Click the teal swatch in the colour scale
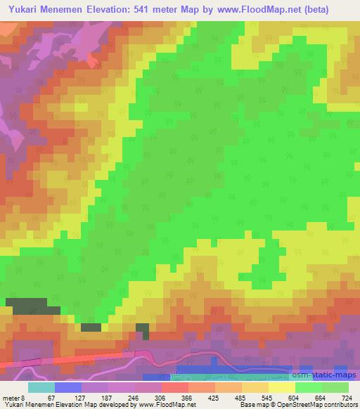click(x=41, y=387)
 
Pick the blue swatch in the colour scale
click(x=67, y=387)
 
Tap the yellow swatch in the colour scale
click(x=281, y=387)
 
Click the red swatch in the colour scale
click(x=174, y=387)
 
